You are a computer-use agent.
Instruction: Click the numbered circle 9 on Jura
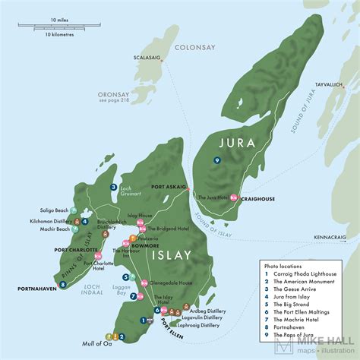217,160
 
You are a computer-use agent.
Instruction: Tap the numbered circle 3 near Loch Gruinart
112,187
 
